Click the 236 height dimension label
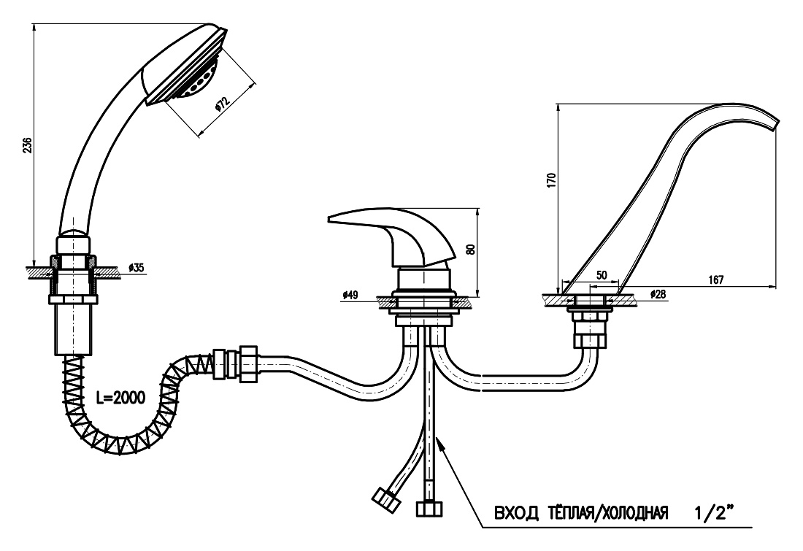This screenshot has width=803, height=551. (x=28, y=145)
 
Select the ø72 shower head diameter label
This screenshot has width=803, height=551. (x=220, y=103)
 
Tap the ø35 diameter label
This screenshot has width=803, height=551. (x=137, y=267)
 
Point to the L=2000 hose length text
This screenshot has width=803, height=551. (x=121, y=397)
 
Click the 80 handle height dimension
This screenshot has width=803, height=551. (x=471, y=249)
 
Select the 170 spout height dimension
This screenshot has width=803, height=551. (x=551, y=180)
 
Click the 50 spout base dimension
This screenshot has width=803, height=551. (x=602, y=275)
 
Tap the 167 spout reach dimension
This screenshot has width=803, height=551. (x=715, y=280)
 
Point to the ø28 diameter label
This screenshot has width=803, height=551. (x=658, y=294)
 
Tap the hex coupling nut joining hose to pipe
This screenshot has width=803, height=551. (x=248, y=364)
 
